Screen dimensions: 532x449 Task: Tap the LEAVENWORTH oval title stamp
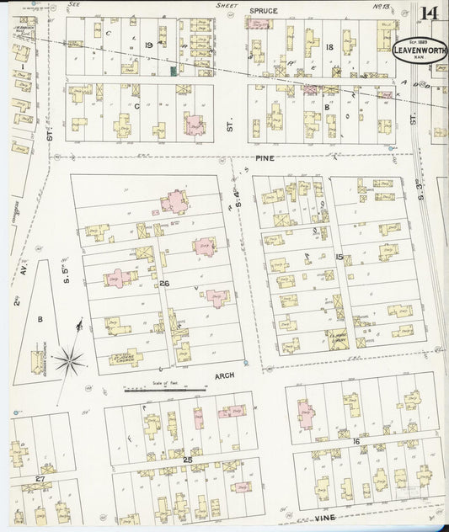pos(420,50)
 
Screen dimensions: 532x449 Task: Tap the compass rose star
pos(69,360)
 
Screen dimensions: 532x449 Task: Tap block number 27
pos(40,478)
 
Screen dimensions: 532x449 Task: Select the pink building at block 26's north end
pos(174,201)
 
